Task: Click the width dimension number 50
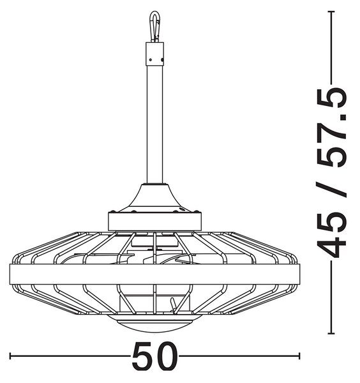coord(154,356)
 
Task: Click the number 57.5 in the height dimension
coord(332,127)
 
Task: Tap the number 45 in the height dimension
coord(332,235)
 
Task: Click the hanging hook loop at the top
coord(154,26)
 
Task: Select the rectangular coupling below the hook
coord(154,54)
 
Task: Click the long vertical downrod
coord(154,124)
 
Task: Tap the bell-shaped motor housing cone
coord(154,199)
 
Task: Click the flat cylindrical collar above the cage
coord(154,222)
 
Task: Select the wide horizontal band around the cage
coord(154,274)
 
